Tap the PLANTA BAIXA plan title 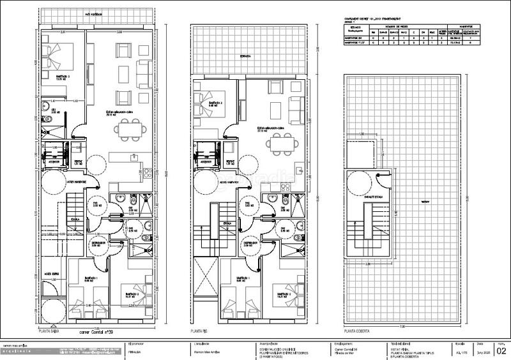54,332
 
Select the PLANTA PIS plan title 202,332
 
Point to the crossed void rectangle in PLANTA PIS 205,278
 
